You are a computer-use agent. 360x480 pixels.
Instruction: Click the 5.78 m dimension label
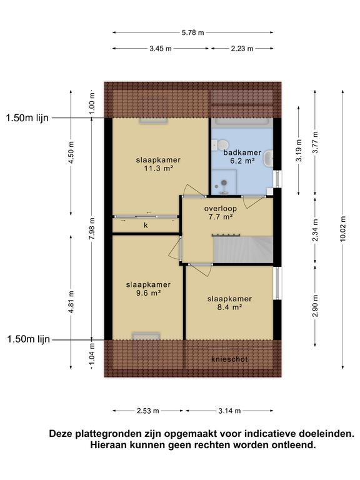click(x=192, y=32)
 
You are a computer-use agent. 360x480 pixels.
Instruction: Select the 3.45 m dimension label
click(x=161, y=48)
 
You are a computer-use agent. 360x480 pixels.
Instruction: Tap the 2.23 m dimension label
click(x=242, y=48)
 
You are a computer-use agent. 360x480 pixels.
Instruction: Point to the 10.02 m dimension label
click(x=342, y=229)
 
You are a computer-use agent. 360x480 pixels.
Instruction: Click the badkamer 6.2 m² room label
click(x=242, y=156)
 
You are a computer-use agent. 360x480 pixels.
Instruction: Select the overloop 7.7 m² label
click(x=221, y=212)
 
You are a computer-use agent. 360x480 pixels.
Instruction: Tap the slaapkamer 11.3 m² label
click(x=158, y=164)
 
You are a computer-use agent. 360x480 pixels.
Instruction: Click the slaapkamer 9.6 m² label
click(x=148, y=289)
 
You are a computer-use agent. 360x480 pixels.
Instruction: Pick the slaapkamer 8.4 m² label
click(x=229, y=302)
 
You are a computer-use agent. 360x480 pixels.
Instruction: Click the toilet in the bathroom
click(x=221, y=144)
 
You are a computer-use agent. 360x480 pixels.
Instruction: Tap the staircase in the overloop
click(x=243, y=249)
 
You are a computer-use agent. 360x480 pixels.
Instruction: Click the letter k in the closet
click(x=146, y=225)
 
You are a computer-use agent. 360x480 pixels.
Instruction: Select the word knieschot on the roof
click(x=229, y=359)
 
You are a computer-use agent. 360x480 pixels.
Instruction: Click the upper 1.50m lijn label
click(x=27, y=118)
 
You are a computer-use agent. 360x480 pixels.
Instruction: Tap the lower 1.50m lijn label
click(x=29, y=339)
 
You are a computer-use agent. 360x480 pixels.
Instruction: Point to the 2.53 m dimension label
click(x=148, y=411)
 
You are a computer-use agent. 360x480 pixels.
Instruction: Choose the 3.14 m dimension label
click(x=229, y=411)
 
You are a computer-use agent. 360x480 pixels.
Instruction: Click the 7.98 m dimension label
click(x=92, y=229)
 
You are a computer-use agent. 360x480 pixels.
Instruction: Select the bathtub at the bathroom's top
click(x=244, y=122)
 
